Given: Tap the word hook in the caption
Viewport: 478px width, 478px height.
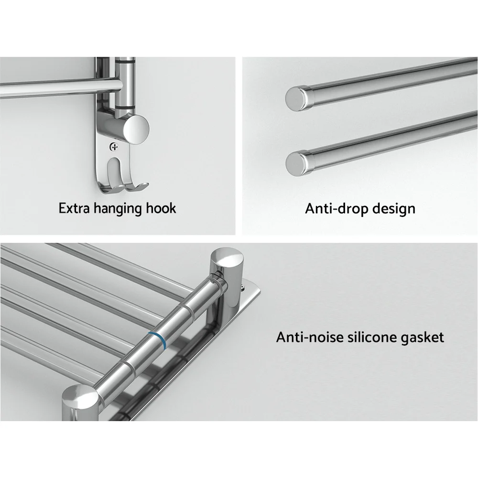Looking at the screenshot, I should pos(161,208).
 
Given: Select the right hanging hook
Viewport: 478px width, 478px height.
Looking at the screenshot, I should pos(134,184).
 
